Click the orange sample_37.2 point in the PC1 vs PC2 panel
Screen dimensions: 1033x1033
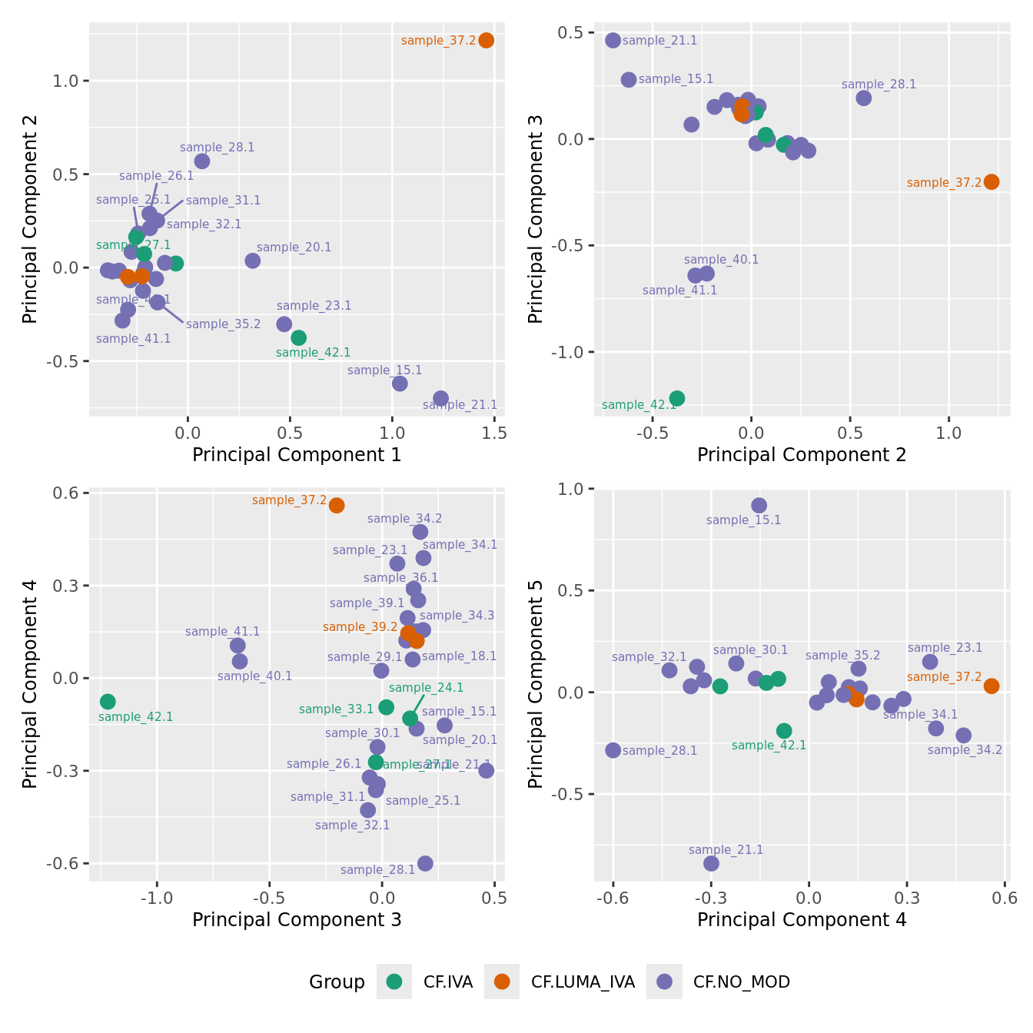[486, 40]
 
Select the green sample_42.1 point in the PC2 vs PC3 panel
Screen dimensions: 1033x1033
[676, 398]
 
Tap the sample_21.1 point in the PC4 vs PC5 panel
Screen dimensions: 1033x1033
[711, 863]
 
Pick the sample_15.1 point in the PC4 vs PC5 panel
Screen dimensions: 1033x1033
[759, 505]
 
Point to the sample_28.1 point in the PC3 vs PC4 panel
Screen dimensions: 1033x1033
[425, 863]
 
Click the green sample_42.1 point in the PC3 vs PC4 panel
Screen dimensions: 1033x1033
[108, 701]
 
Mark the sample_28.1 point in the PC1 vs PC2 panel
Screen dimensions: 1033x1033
[202, 161]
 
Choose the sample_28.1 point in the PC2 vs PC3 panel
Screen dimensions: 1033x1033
[863, 98]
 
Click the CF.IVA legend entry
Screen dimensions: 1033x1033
[447, 982]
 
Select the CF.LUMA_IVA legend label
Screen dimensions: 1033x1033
[583, 982]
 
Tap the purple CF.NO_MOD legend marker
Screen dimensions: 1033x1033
[664, 982]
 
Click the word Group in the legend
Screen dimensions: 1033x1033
[337, 982]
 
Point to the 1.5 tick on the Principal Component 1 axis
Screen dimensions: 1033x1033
[494, 433]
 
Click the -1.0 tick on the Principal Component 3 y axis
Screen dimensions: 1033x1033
[571, 352]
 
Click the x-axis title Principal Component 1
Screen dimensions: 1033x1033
[297, 455]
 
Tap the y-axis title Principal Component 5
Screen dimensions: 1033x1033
[536, 683]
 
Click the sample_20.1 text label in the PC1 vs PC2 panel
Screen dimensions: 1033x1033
[294, 247]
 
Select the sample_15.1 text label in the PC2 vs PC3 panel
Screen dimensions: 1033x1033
[676, 79]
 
